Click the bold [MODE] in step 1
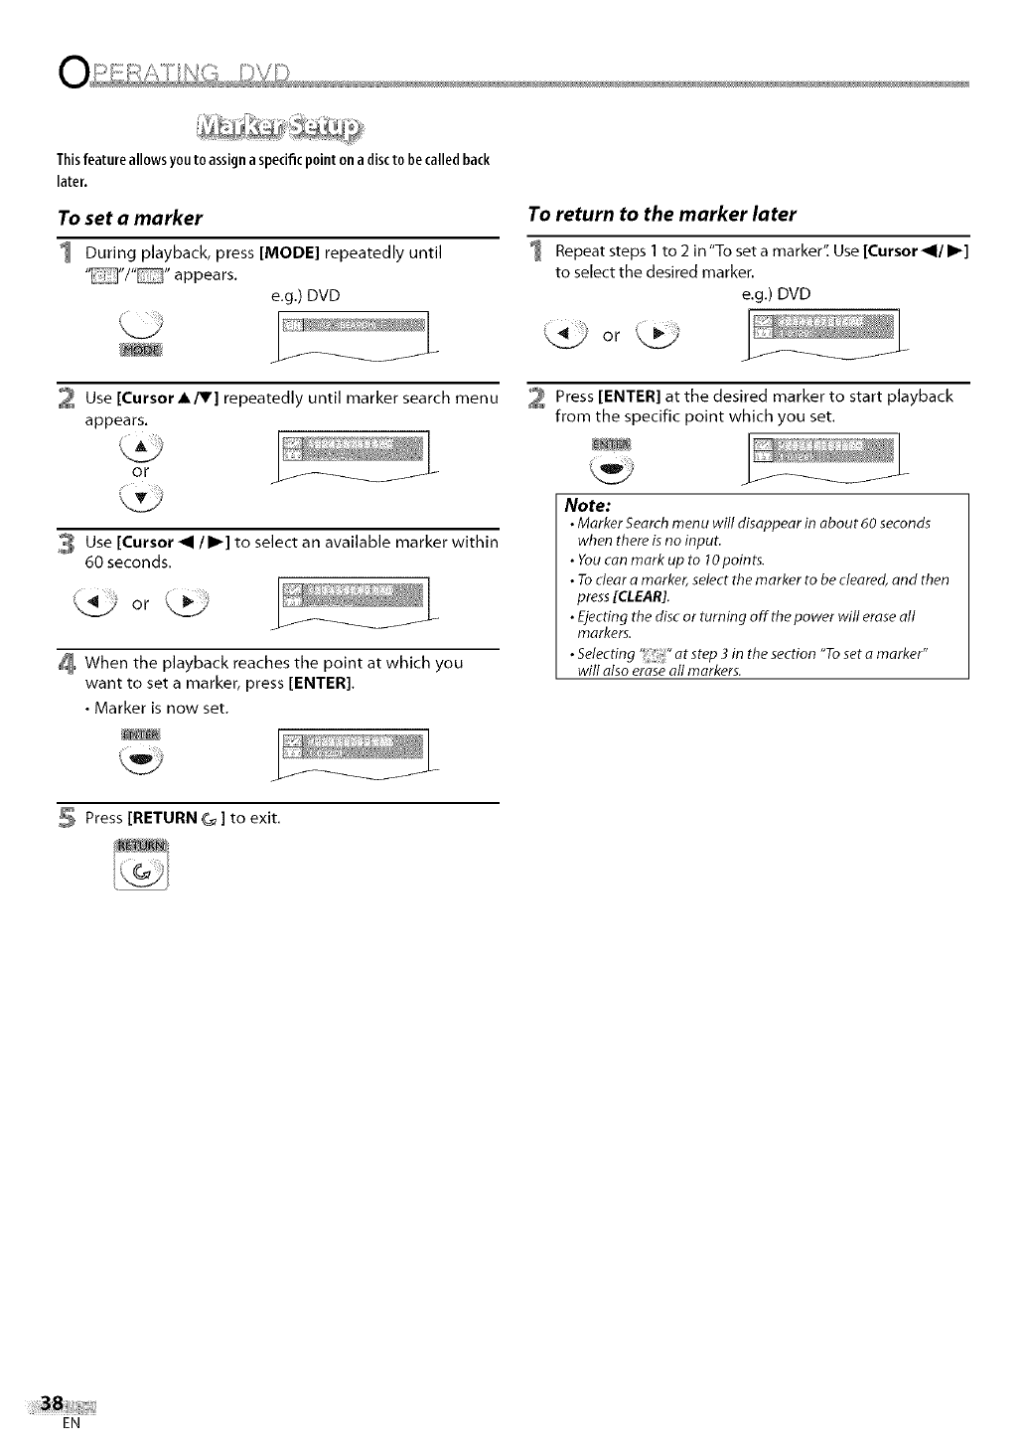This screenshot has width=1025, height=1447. coord(289,252)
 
